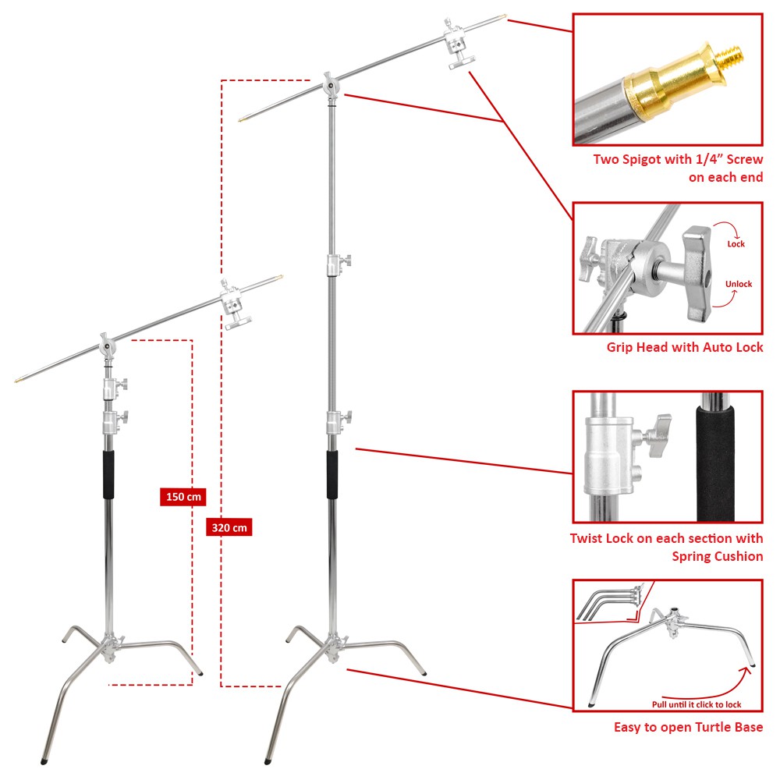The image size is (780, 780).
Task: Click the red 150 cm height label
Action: point(183,496)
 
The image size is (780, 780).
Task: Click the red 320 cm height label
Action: point(229,527)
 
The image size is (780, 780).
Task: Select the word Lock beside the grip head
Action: point(736,243)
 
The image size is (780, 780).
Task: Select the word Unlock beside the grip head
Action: point(738,284)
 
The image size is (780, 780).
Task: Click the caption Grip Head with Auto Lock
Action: point(685,347)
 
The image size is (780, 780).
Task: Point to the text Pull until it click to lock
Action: point(697,704)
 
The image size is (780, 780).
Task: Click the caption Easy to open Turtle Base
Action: point(688,727)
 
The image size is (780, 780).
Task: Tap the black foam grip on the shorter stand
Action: point(108,474)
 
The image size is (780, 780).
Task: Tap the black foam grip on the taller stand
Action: point(331,474)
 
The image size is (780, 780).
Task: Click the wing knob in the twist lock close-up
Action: point(657,434)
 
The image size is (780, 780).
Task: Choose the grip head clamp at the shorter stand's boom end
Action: point(234,305)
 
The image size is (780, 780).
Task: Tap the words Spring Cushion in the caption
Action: point(718,556)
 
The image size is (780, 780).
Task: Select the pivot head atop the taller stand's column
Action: point(330,86)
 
